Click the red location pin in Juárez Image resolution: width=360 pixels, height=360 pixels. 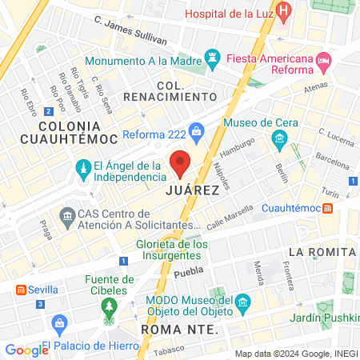click(181, 163)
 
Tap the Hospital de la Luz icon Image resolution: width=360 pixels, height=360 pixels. click(286, 14)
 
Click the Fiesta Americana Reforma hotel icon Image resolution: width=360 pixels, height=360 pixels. click(323, 60)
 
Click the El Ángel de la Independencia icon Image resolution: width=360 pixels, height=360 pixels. click(82, 168)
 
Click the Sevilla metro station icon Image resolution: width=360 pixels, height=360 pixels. click(19, 289)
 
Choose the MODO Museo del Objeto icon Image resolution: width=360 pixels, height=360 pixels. click(245, 302)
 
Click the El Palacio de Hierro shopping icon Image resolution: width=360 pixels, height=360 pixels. click(58, 323)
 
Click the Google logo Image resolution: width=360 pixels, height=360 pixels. click(26, 350)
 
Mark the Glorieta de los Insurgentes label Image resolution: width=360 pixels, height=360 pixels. click(172, 250)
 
